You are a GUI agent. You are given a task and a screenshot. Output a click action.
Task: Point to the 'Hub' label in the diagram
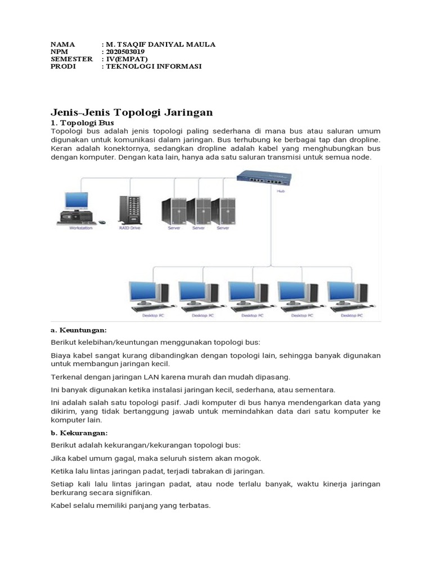click(x=280, y=191)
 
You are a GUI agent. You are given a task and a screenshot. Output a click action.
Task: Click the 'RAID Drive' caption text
click(x=129, y=228)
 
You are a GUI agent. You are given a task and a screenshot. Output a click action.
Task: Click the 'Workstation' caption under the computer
click(x=80, y=228)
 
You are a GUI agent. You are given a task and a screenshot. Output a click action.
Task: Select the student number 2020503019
click(x=127, y=52)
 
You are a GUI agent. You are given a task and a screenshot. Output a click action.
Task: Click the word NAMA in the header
click(x=62, y=44)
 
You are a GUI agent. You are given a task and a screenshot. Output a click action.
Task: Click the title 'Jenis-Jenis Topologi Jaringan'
click(x=132, y=112)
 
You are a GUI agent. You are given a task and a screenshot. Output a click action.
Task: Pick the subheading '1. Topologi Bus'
click(x=82, y=122)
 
